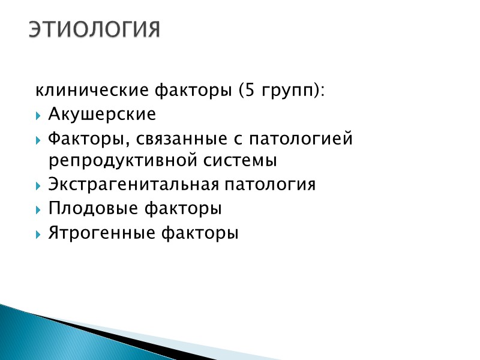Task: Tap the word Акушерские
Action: coord(102,114)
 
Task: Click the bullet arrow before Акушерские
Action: coord(39,115)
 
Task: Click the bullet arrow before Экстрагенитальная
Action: coord(39,185)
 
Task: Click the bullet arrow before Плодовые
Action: coord(39,209)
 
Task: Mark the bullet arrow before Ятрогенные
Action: coord(39,233)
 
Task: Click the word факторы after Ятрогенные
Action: coord(200,233)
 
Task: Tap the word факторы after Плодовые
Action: coord(184,209)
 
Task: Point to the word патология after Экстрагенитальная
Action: coord(269,185)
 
